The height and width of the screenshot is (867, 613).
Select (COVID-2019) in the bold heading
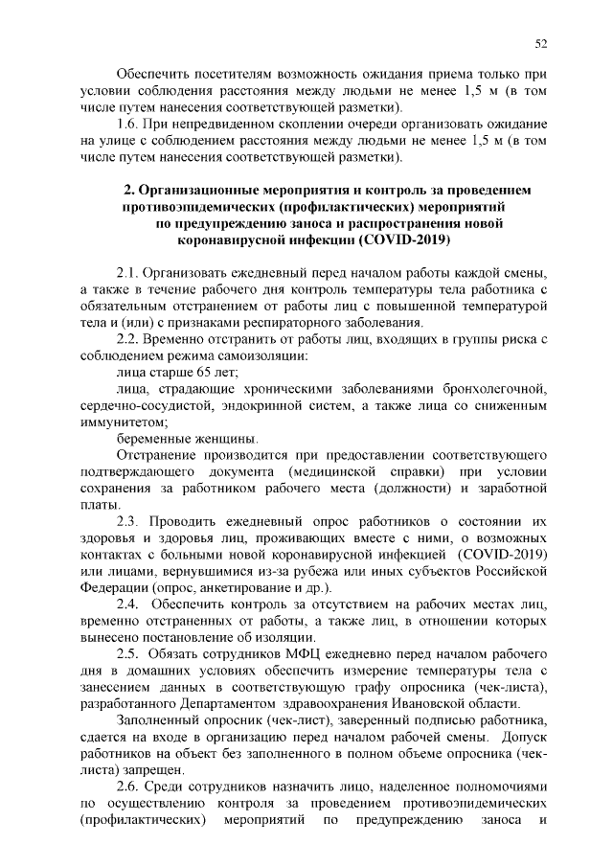[x=402, y=240]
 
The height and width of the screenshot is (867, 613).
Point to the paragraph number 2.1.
[x=128, y=272]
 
